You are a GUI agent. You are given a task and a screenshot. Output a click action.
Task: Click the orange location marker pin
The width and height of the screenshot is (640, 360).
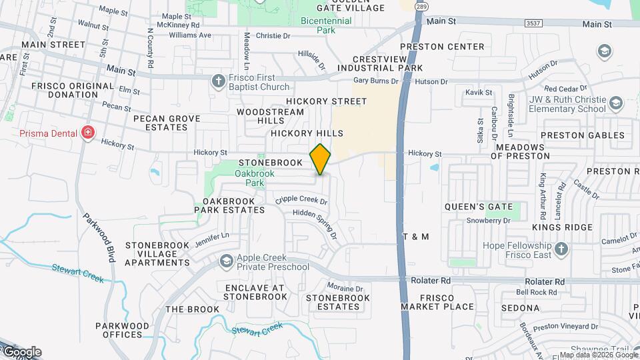click(x=321, y=159)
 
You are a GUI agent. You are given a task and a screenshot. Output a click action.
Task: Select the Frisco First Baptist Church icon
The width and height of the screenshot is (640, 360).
click(x=218, y=81)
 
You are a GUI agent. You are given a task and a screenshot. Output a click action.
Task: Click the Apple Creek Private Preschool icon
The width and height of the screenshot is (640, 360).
click(x=227, y=261)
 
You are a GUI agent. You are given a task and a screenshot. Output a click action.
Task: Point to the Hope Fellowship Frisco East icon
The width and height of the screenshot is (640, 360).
click(x=562, y=249)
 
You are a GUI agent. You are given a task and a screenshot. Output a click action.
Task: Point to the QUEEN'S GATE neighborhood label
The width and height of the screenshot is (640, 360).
click(x=479, y=207)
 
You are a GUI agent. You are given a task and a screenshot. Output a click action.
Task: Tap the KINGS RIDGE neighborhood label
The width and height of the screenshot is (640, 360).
click(x=562, y=227)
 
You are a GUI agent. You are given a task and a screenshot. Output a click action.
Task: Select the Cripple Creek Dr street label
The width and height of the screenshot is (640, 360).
click(x=301, y=199)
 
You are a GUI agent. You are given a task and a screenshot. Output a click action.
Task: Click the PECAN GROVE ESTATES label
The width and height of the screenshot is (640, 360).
click(x=167, y=123)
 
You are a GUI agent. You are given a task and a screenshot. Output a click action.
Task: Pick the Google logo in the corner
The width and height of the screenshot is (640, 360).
click(x=21, y=351)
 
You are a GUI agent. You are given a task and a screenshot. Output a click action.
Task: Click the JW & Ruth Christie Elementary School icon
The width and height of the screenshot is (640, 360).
click(x=616, y=103)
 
